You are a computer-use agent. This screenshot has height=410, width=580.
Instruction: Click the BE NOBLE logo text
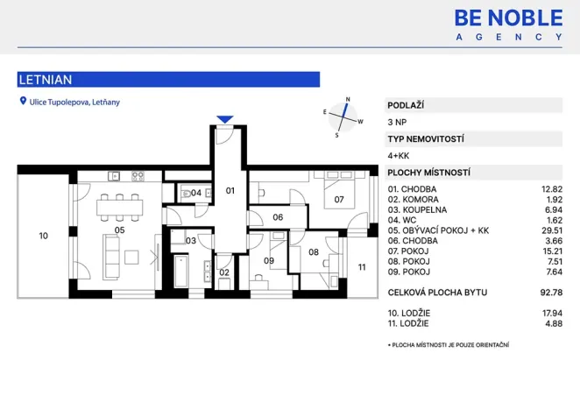click(x=508, y=17)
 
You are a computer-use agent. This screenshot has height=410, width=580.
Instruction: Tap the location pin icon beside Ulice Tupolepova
click(x=23, y=102)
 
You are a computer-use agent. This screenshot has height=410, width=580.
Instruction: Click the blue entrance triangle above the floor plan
click(x=225, y=118)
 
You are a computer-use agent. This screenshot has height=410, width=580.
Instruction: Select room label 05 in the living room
click(x=119, y=230)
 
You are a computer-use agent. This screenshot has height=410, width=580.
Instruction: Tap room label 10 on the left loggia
click(x=43, y=236)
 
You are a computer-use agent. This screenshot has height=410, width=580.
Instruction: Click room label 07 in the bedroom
click(x=338, y=200)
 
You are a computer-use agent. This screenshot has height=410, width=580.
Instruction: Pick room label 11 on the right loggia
click(x=361, y=267)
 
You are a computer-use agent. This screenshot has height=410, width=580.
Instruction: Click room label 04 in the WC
click(x=196, y=193)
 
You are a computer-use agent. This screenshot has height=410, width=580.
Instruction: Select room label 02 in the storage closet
click(x=223, y=272)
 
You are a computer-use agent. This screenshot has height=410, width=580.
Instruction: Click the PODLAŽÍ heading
click(x=407, y=105)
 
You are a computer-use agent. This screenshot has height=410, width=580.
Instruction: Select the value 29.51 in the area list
click(x=548, y=230)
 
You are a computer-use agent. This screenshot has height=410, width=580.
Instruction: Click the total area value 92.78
click(x=548, y=292)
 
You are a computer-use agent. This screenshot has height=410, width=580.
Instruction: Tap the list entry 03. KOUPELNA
click(x=417, y=210)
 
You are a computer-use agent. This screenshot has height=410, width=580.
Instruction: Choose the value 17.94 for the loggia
click(x=548, y=313)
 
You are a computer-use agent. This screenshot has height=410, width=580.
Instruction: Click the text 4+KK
click(x=399, y=155)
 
